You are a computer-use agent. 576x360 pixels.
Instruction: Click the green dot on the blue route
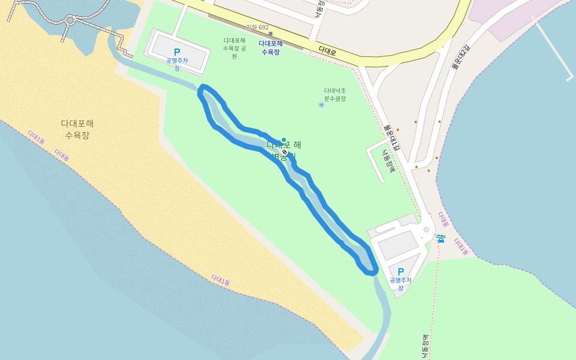coord(284,140)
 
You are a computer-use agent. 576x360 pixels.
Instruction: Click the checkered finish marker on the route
coord(284,153)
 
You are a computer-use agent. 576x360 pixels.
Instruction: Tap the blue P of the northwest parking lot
coord(177,53)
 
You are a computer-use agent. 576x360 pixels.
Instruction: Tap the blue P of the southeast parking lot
coord(401,272)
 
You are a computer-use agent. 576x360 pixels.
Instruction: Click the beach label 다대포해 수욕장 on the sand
coord(77,129)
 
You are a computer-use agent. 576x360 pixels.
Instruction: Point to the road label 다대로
coord(328,52)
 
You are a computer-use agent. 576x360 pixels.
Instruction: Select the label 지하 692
coord(257,28)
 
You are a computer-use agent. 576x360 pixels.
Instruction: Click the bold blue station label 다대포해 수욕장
coord(271,47)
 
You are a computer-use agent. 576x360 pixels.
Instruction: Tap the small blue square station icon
coord(271,34)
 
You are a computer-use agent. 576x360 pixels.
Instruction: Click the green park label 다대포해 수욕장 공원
coord(234,48)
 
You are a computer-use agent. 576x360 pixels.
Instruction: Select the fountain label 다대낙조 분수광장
coord(335,94)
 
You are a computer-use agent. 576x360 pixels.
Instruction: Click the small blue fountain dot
coord(322,105)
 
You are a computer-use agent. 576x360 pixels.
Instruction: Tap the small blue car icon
coord(441,239)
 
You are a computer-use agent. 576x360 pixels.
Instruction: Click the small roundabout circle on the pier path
coord(70,20)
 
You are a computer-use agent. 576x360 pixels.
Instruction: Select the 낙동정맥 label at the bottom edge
coord(425,347)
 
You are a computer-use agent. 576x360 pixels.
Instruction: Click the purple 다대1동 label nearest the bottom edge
coord(221,280)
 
